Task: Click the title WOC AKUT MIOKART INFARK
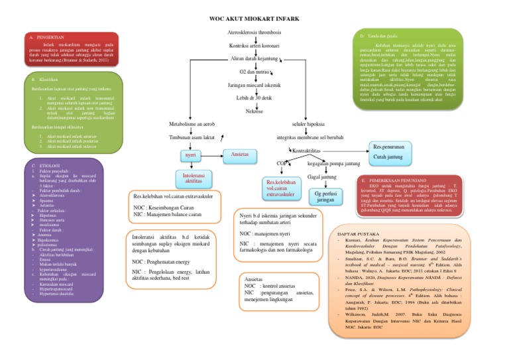point(254,21)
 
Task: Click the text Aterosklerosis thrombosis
point(254,32)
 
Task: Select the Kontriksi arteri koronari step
point(254,46)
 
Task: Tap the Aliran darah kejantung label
point(254,58)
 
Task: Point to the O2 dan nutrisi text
point(254,72)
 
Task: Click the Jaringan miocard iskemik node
point(254,86)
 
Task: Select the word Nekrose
point(254,111)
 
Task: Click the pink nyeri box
point(192,155)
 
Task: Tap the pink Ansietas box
point(239,154)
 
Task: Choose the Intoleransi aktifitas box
point(194,178)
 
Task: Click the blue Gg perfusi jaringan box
point(325,196)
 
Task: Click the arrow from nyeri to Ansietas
point(213,155)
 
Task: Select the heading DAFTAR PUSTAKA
point(358,235)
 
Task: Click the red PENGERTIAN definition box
point(70,51)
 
